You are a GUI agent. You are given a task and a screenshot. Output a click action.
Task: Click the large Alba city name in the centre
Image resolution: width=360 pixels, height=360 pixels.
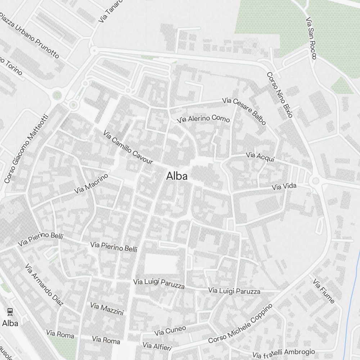tap(177, 176)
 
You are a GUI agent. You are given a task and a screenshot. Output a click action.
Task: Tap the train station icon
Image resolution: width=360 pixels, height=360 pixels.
tap(10, 311)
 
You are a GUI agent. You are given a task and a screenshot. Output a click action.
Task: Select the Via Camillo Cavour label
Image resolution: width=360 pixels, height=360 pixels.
tap(128, 148)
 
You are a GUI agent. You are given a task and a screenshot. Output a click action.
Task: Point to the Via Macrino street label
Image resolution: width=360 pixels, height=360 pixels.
tap(91, 184)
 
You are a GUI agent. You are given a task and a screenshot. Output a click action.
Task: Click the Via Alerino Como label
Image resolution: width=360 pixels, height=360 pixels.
tap(203, 119)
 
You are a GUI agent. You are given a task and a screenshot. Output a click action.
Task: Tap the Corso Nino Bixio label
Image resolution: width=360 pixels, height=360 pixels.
tap(280, 95)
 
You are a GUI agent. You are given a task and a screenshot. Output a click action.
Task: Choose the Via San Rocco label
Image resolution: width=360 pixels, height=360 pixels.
tap(311, 38)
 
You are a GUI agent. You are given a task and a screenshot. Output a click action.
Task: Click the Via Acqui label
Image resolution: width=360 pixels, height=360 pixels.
tap(260, 157)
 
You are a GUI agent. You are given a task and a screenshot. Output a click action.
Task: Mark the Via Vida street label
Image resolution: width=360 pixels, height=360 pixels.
tap(284, 186)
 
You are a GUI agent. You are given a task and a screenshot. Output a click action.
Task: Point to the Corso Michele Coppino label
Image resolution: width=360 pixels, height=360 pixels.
tap(240, 324)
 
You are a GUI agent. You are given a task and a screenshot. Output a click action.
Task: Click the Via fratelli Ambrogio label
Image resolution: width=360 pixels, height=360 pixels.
tap(284, 353)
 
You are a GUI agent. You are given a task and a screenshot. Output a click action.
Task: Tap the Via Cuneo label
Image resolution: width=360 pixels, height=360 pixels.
tap(170, 330)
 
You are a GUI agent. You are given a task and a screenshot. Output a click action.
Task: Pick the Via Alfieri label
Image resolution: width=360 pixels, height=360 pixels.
tap(157, 346)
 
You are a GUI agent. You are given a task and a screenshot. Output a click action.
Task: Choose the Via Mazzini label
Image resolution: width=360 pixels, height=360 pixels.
tap(107, 309)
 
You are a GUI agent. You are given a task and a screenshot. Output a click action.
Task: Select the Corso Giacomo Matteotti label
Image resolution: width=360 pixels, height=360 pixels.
tap(26, 149)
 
